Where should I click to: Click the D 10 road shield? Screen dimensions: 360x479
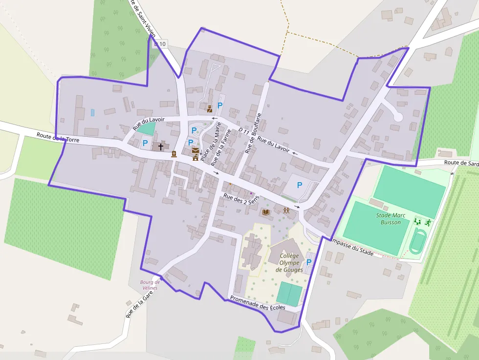pos(160,44)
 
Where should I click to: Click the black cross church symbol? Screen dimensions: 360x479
pos(161,146)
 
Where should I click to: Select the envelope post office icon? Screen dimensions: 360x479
pos(196,151)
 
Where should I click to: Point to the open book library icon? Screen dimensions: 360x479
pos(266,212)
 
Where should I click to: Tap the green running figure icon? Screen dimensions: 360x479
pos(428,222)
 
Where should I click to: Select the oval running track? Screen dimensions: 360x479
pos(417,242)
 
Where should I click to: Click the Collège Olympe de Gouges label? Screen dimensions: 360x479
pos(289,263)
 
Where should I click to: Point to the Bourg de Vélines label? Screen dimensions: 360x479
pos(150,285)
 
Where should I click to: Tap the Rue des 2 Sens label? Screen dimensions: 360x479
pos(240,199)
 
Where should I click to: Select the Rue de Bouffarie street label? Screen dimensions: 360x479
pos(254,133)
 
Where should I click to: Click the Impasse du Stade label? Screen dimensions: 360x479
pos(352,247)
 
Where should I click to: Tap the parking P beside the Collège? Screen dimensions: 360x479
pos(308,262)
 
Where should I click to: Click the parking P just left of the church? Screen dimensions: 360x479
pos(145,143)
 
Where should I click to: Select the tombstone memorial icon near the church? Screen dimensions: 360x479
pos(174,154)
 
